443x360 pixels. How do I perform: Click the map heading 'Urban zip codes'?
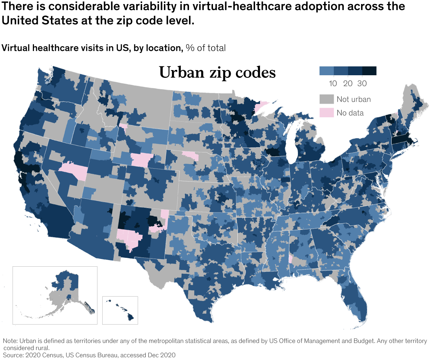coord(217,72)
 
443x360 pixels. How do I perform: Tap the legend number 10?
coord(333,84)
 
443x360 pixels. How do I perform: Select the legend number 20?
coord(348,84)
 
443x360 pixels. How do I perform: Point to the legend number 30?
coord(362,84)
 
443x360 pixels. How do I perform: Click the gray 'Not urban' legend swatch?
coord(326,99)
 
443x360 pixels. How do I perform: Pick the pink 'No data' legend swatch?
coord(326,113)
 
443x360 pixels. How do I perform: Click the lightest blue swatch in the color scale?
coord(326,70)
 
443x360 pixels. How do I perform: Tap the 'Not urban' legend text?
coord(353,99)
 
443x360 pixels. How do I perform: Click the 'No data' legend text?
coord(350,113)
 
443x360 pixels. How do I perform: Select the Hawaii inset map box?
coord(120,310)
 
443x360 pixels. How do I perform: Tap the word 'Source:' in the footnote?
coord(13,355)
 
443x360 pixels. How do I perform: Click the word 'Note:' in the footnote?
coord(10,341)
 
